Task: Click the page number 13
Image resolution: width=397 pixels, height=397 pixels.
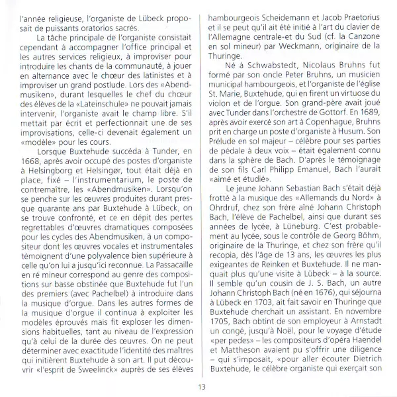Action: tap(198, 387)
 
